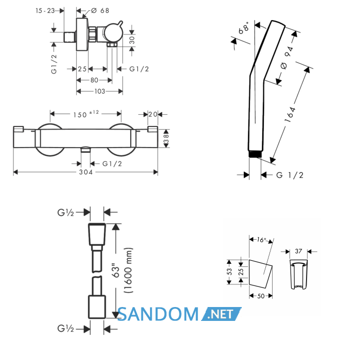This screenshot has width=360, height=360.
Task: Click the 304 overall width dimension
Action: (x=86, y=172)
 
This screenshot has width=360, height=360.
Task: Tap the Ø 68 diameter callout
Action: (x=100, y=11)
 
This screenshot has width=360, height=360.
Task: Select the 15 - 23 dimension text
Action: (x=45, y=11)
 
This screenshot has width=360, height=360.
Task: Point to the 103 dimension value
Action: (x=100, y=92)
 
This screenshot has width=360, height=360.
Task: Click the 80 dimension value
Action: (x=94, y=80)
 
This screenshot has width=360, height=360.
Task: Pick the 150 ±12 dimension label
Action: (x=86, y=114)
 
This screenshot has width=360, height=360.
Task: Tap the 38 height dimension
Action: (x=166, y=139)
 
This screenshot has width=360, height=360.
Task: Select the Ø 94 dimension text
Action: (x=287, y=58)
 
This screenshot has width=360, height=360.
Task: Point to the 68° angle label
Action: (x=244, y=28)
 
